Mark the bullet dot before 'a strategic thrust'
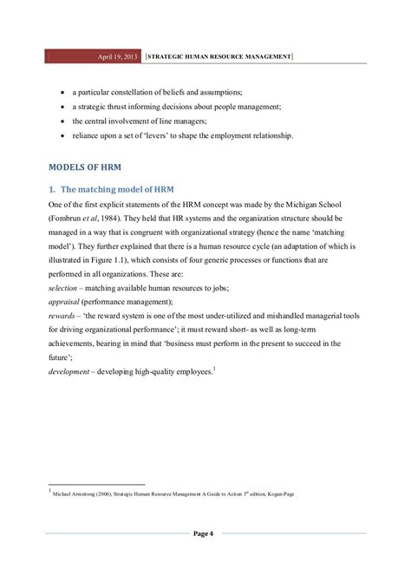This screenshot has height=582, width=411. pyautogui.click(x=61, y=106)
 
